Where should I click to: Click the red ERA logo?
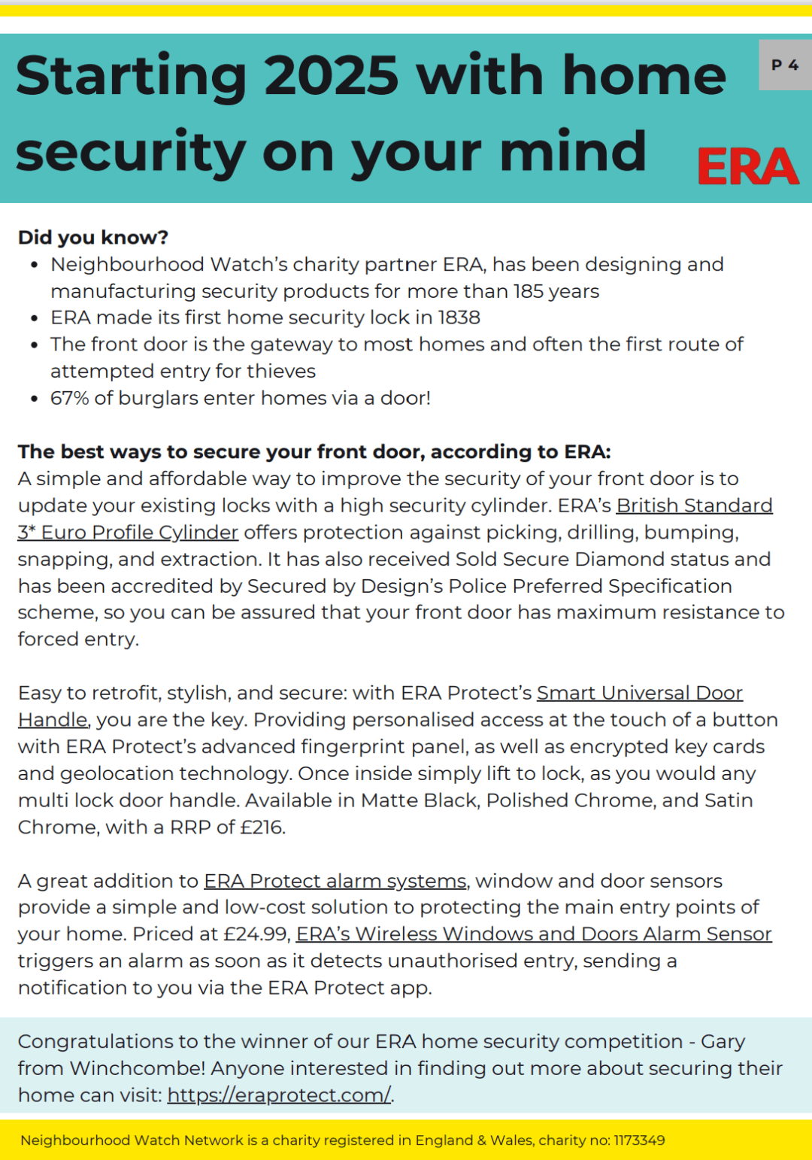(x=747, y=166)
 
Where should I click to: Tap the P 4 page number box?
(x=785, y=65)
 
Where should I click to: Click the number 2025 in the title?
(x=332, y=76)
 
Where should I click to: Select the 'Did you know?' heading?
(x=92, y=238)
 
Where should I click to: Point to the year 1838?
(x=459, y=317)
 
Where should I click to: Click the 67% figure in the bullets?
(x=69, y=398)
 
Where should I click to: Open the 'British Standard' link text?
(x=694, y=506)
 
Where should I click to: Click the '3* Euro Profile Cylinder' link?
(x=128, y=533)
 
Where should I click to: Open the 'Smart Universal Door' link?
(x=639, y=693)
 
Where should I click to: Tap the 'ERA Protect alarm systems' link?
(x=335, y=881)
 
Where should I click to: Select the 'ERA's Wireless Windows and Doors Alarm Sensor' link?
(x=534, y=934)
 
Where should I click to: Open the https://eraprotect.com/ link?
(x=278, y=1095)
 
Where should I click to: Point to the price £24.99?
(x=256, y=934)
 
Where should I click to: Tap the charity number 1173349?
(x=639, y=1140)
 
